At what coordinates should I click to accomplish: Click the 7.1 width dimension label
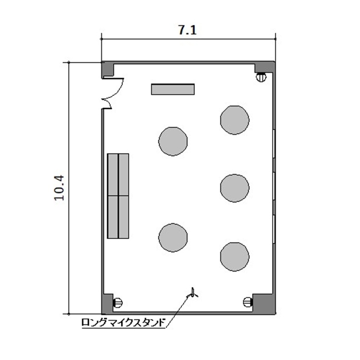pos(187,30)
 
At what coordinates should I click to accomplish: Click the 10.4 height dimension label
pos(60,188)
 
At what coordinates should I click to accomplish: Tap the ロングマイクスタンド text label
pos(123,323)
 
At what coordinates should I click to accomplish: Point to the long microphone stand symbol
pos(193,293)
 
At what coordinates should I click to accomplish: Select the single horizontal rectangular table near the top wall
pos(173,89)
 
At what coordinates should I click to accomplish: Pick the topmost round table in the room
pos(235,120)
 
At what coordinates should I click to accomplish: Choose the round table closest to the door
pos(173,142)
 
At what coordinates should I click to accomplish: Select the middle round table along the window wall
pos(235,188)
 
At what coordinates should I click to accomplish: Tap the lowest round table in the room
pos(235,257)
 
